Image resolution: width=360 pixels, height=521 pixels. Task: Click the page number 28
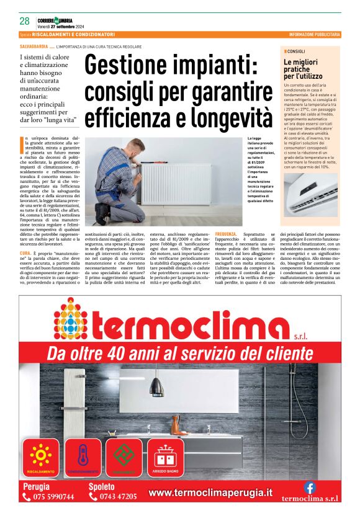pos(25,21)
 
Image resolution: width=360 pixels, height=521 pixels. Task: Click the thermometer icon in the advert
pos(83,456)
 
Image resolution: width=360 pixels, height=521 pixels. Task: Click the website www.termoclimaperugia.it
pos(210,492)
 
